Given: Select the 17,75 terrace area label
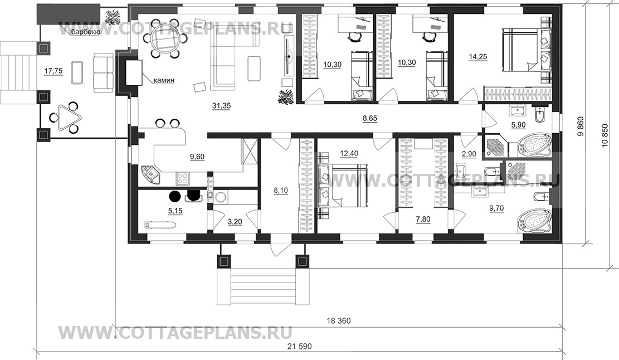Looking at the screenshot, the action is click(53, 71).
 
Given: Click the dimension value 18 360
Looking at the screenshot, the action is click(339, 321).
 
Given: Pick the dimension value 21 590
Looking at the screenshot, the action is click(299, 347).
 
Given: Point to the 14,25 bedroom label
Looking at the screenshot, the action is click(477, 57).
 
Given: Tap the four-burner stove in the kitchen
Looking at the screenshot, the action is click(182, 178).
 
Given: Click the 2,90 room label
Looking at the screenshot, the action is click(469, 154).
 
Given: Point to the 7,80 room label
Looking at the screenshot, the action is click(423, 219).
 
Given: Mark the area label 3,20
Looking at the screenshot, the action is click(235, 222).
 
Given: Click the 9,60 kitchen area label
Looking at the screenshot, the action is click(197, 157).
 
